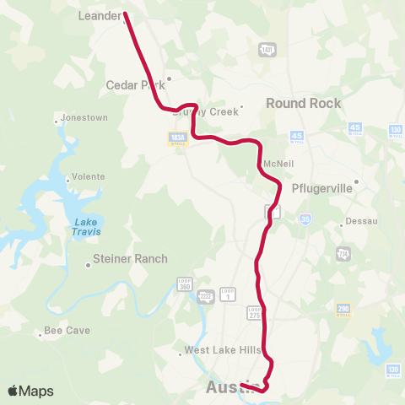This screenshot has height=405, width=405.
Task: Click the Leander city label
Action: pos(100,15)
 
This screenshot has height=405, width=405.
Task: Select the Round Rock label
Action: pos(304,103)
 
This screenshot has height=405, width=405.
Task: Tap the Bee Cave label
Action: pos(67,330)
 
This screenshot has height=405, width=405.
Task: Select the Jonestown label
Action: pos(84,117)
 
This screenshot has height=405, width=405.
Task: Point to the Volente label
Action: pos(88,177)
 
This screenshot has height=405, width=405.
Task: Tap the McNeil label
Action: pos(278,163)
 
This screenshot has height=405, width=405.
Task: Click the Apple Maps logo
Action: pos(30,391)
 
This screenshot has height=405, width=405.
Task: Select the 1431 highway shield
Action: pos(267,51)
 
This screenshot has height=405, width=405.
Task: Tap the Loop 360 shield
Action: pos(185,284)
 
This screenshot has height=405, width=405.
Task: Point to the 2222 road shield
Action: pos(205,296)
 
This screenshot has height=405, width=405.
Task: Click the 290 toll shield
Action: pos(343,310)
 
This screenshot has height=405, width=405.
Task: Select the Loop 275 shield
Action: pos(254,313)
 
